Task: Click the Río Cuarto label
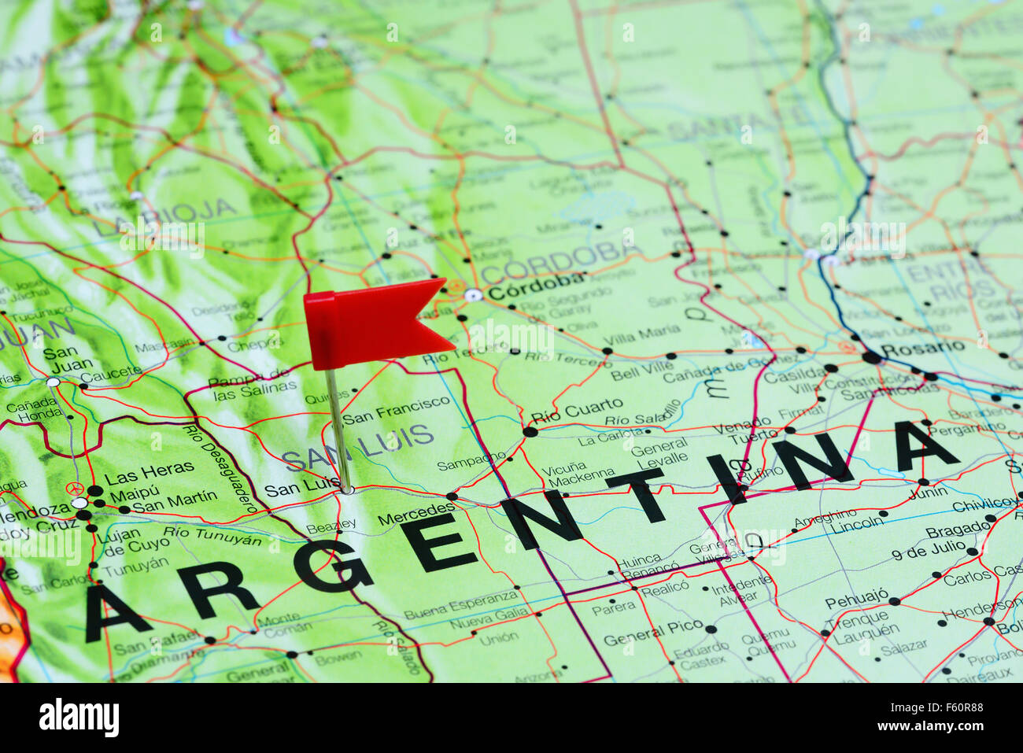pyautogui.click(x=576, y=408)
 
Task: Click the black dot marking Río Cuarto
pyautogui.click(x=530, y=431)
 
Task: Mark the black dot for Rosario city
pyautogui.click(x=871, y=357)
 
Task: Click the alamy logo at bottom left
pyautogui.click(x=79, y=718)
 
